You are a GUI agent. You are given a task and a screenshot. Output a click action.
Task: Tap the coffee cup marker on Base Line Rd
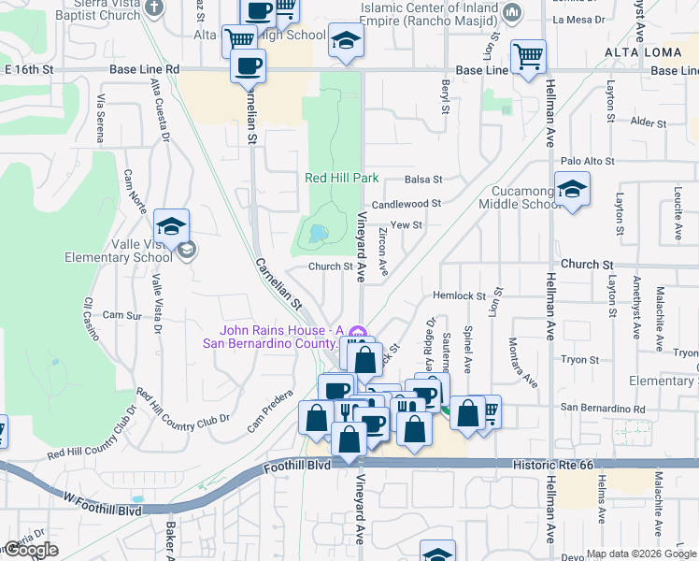pos(248,66)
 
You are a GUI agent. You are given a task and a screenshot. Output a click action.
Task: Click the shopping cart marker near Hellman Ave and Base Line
pos(529,56)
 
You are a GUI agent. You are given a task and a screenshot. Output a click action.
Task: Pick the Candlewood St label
pos(406,203)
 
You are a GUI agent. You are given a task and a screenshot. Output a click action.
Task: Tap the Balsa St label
pos(422,180)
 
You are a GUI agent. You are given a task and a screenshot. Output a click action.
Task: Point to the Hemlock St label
pos(460,295)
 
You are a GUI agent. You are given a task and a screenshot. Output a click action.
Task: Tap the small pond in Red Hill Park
pos(318,232)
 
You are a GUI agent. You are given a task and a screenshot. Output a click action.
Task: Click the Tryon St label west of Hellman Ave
pos(579,359)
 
